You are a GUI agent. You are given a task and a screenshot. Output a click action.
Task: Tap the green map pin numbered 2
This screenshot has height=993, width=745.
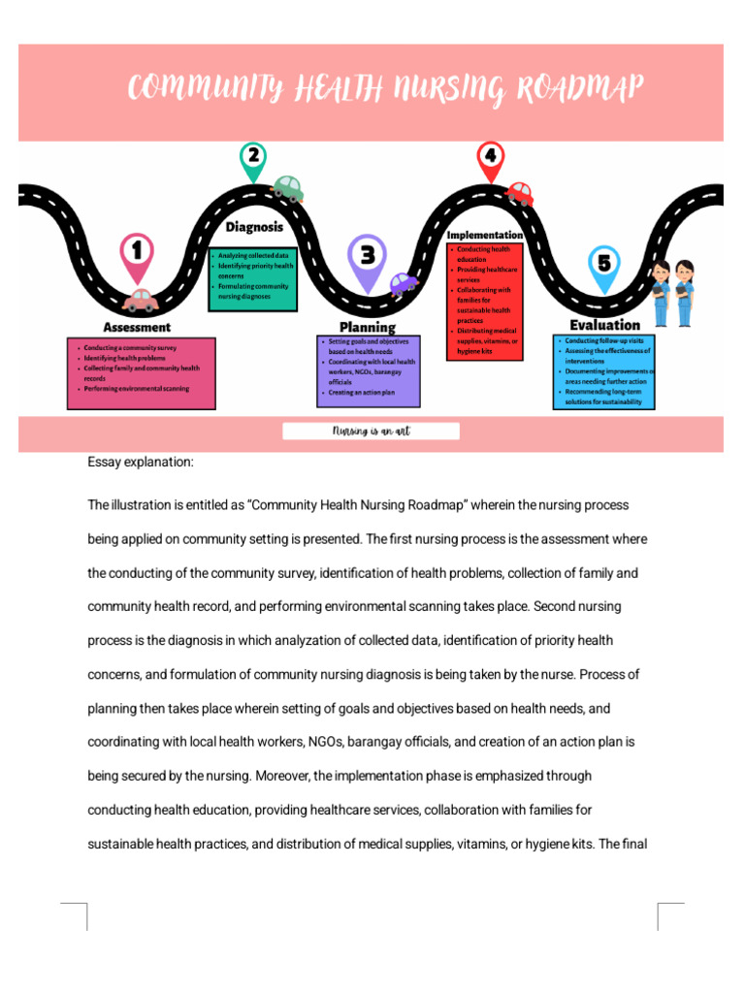253,159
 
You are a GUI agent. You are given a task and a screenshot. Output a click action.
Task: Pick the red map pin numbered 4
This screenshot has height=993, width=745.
491,158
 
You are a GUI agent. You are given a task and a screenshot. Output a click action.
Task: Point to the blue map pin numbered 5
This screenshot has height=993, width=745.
604,265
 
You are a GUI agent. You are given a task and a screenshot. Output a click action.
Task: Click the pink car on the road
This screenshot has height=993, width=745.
141,300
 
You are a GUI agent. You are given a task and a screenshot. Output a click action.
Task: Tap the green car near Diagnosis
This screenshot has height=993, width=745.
287,187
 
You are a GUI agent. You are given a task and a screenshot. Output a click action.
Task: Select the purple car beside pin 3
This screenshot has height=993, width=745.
403,283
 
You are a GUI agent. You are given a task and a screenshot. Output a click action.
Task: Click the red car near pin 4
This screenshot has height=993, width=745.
520,194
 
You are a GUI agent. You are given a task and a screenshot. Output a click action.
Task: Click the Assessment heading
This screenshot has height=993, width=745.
137,328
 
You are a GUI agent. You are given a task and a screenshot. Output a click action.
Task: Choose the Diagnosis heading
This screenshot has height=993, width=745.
254,227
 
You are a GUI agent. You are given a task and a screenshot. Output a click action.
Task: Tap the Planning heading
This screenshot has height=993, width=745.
367,328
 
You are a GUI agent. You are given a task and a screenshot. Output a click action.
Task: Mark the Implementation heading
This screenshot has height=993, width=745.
485,236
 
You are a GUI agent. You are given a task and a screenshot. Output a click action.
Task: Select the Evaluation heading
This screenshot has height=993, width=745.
604,326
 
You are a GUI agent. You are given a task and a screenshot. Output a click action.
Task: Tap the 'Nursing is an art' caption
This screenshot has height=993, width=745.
371,432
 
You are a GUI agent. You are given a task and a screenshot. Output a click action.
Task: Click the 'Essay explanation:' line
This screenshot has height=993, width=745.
141,463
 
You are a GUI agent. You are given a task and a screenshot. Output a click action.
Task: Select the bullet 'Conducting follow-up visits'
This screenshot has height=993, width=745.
603,341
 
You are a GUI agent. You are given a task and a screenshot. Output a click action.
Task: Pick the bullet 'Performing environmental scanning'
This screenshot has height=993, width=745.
136,389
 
